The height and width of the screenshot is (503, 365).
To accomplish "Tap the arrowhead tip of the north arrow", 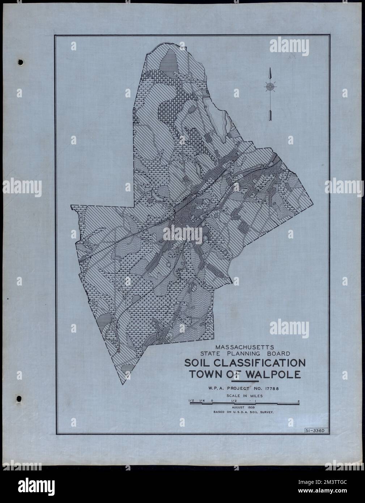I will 269,69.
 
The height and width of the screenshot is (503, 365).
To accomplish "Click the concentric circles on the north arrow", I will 270,87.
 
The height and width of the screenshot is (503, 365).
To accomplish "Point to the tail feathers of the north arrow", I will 270,115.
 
